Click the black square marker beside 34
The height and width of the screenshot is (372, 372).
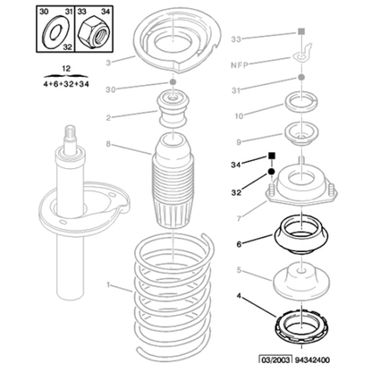(x=268, y=156)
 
